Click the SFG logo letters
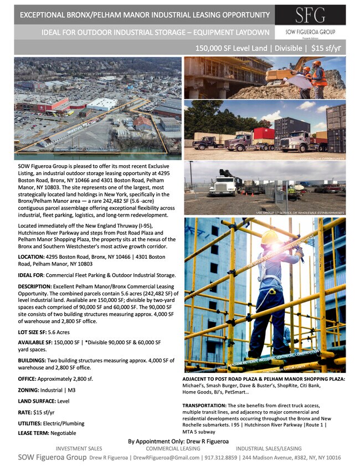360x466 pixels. click(x=310, y=15)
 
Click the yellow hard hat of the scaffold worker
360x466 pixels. click(x=269, y=237)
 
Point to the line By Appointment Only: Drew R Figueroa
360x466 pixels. click(x=179, y=441)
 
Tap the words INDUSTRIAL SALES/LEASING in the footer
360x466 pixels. click(x=269, y=448)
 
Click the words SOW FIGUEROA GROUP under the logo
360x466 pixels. click(x=310, y=32)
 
